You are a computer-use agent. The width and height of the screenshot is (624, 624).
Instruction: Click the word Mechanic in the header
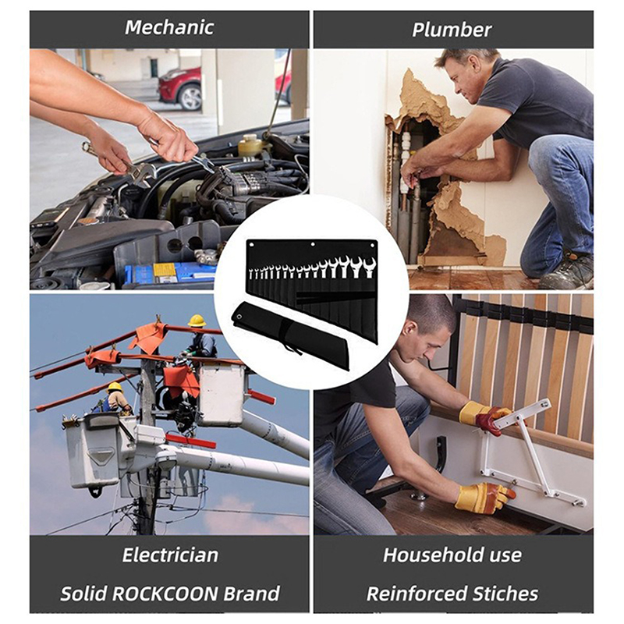(169, 27)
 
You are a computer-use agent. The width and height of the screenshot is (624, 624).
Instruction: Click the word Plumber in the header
(452, 30)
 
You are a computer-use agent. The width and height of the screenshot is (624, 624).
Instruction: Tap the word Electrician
(170, 555)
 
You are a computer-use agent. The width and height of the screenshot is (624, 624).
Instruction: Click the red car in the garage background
(180, 88)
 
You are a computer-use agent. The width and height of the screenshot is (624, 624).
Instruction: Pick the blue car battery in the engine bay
(172, 272)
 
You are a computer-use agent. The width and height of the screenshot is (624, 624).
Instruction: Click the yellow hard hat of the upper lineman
(197, 321)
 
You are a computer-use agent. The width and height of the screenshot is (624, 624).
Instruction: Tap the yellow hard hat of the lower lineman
(115, 387)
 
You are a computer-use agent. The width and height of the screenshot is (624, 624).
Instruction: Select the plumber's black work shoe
(567, 271)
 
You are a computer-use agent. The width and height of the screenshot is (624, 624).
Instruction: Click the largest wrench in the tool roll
(370, 268)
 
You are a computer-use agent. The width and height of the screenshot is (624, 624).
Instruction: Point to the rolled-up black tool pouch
(291, 335)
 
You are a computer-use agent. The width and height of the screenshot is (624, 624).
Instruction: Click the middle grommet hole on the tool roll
(313, 244)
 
